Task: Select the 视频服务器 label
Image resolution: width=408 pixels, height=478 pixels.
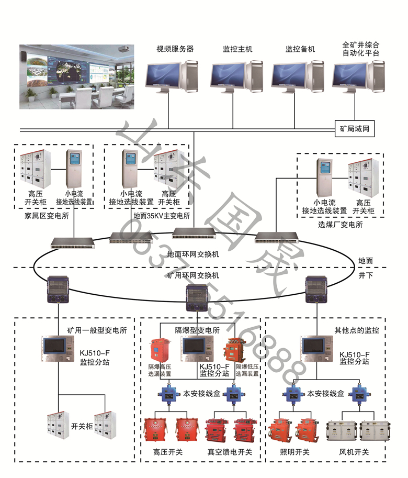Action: pos(175,49)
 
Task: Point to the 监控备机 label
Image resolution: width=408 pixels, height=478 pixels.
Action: pos(300,49)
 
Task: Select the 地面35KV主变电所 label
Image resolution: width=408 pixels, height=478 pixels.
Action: pos(162,215)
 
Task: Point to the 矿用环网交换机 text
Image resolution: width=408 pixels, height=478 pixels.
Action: pos(193,275)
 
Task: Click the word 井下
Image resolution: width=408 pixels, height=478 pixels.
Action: pos(366,275)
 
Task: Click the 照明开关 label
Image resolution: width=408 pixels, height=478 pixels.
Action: pos(295,452)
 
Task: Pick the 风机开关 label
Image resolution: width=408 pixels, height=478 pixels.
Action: pos(355,452)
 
